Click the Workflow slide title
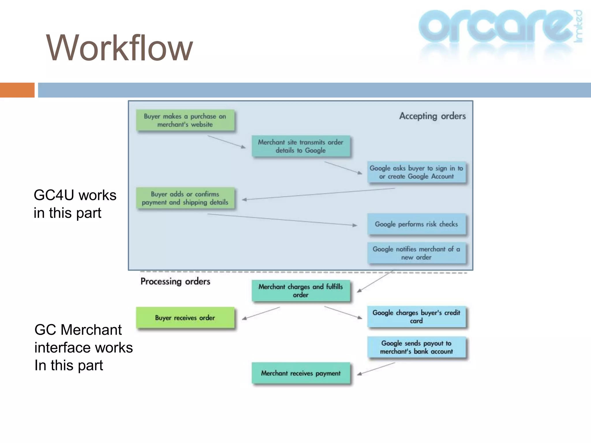(119, 48)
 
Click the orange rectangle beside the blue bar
(17, 90)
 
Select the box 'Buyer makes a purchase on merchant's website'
(185, 120)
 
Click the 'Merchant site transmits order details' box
(300, 146)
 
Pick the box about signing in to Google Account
(416, 172)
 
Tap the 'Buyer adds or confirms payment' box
(185, 198)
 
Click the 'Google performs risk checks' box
(416, 224)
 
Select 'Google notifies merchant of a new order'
(416, 253)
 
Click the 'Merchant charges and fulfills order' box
(300, 291)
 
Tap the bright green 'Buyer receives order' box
(185, 318)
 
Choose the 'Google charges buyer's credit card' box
(416, 317)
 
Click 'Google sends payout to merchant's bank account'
(416, 347)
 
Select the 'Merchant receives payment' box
(300, 373)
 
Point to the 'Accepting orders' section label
(432, 116)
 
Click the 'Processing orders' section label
(175, 281)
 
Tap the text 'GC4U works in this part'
(74, 204)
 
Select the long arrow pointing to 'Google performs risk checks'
(282, 220)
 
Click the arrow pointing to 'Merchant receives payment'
(376, 369)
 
